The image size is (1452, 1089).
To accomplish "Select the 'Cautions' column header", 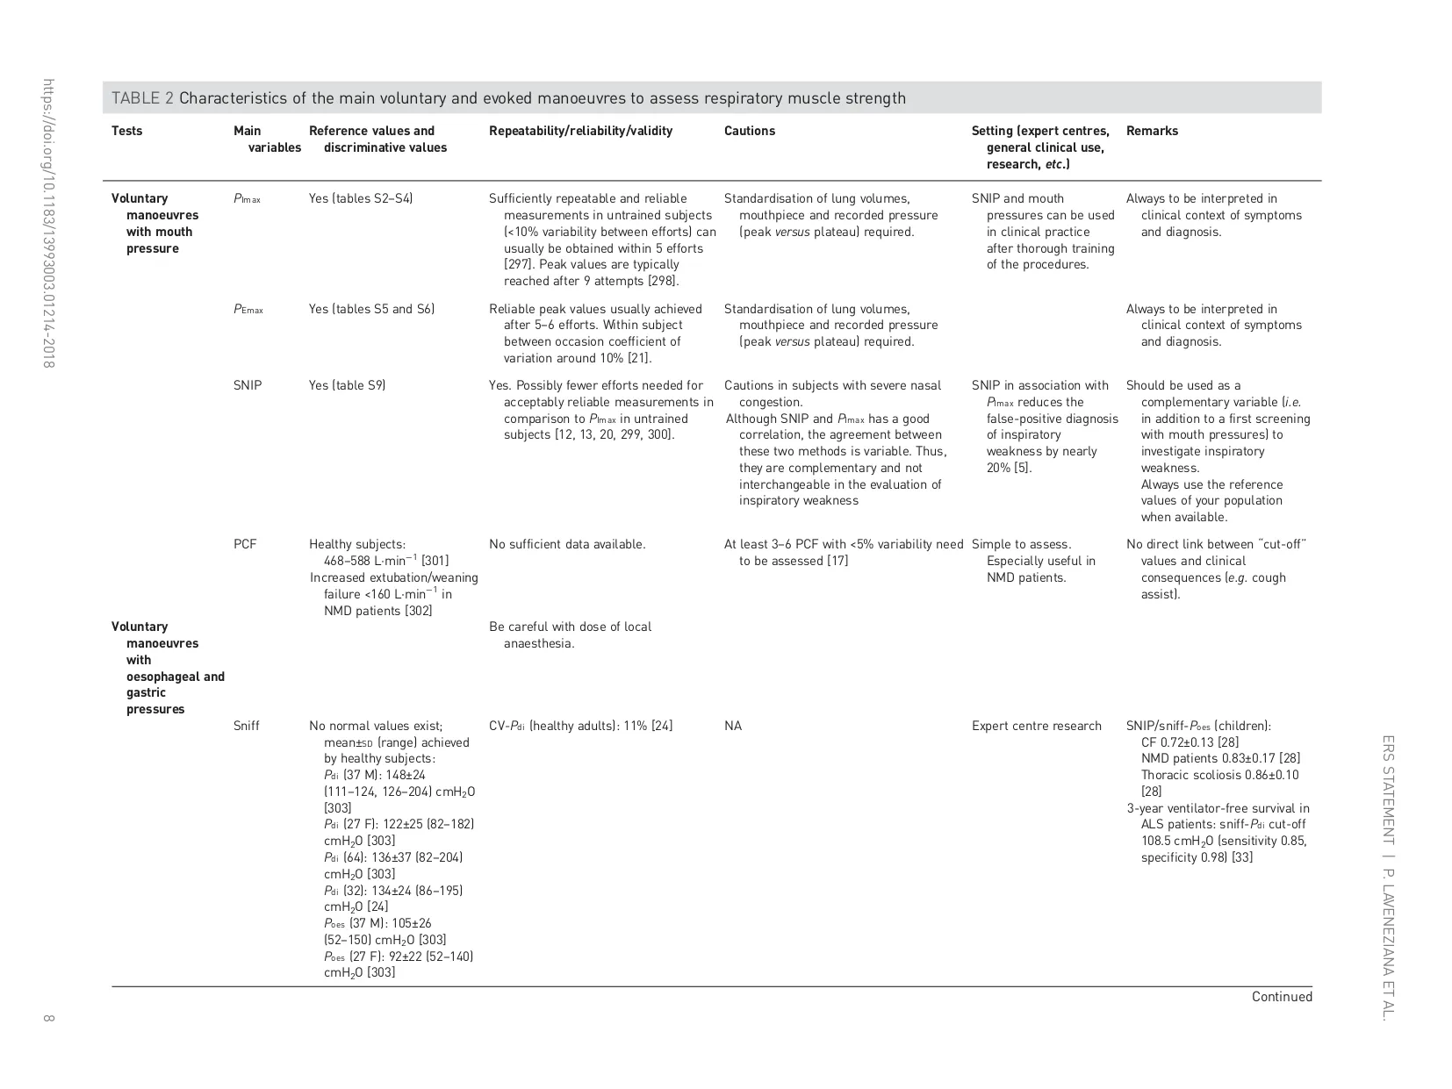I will [x=749, y=131].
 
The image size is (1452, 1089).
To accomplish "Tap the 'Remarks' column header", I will [x=1152, y=131].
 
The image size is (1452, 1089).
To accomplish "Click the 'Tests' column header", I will [x=126, y=131].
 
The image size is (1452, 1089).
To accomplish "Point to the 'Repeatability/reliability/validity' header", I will [x=580, y=131].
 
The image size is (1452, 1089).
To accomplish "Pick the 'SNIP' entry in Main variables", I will [x=248, y=385].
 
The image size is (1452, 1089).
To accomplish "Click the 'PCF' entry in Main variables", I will [x=245, y=544].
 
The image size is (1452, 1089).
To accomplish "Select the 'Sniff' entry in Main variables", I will [x=247, y=726].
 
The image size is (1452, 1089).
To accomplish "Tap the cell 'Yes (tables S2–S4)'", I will [x=360, y=198].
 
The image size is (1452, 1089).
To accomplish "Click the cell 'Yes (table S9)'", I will [x=347, y=385].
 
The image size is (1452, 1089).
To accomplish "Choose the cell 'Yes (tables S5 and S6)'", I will [x=371, y=309].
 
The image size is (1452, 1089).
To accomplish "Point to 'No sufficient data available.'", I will [x=567, y=544].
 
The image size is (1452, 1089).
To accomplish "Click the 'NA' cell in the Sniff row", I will [x=733, y=726].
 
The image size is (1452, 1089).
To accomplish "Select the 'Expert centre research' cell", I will [x=1036, y=726].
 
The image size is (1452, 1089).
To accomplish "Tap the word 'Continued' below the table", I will [x=1282, y=997].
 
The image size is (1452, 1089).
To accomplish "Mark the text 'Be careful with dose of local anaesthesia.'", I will [x=570, y=634].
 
